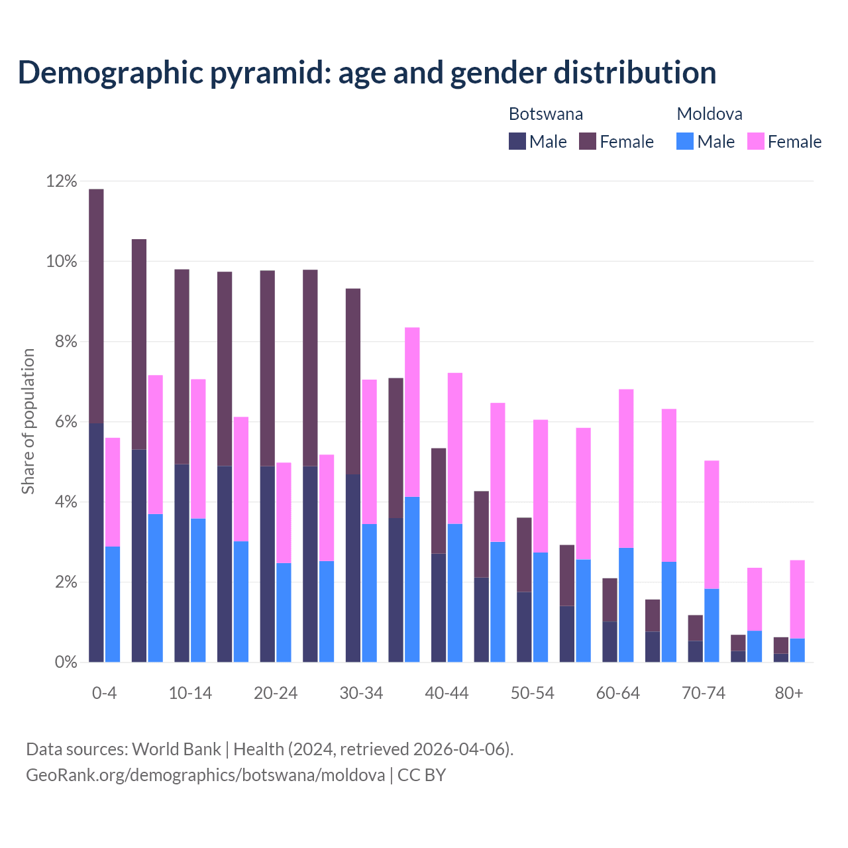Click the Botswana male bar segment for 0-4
(96, 542)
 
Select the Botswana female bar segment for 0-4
(96, 306)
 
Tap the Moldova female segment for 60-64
(626, 468)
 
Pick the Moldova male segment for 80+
(797, 650)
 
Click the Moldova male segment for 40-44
(455, 593)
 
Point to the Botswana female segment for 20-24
(267, 368)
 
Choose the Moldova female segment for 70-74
(712, 525)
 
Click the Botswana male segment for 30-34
(352, 568)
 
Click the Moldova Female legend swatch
(755, 141)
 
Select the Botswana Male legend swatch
(517, 141)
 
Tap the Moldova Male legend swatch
(685, 141)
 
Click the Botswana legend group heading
(545, 114)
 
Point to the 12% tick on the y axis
(62, 182)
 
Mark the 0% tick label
(65, 662)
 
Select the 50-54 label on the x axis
(532, 693)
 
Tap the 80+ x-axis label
(788, 693)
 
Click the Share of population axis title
(28, 421)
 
